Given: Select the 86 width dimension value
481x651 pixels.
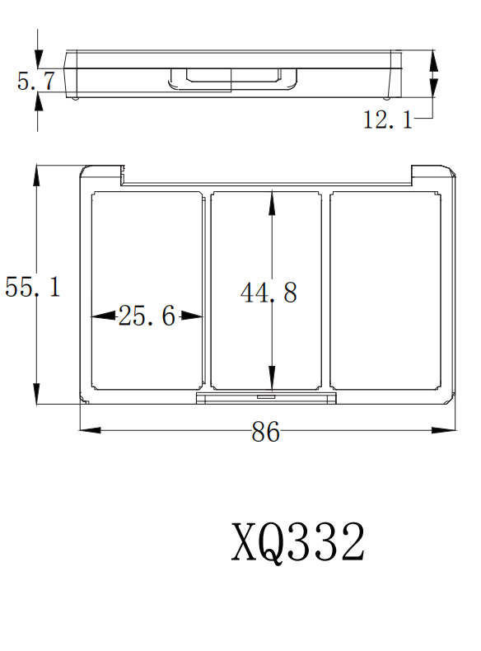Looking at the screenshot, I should tap(265, 433).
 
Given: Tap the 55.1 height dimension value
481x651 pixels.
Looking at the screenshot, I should tap(32, 288).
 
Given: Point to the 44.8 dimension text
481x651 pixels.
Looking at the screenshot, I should tap(269, 293).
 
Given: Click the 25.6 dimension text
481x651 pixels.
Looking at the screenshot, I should tap(147, 316).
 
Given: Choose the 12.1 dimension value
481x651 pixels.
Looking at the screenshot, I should tap(388, 120).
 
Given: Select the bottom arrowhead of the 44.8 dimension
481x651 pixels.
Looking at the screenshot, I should tap(272, 380).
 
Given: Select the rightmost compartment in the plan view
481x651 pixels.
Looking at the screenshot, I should tap(385, 290).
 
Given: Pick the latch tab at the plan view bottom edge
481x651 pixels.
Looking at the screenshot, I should tap(266, 398).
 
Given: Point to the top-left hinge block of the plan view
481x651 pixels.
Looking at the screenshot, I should tap(101, 173).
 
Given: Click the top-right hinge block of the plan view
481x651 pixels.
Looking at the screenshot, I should tap(432, 172).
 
